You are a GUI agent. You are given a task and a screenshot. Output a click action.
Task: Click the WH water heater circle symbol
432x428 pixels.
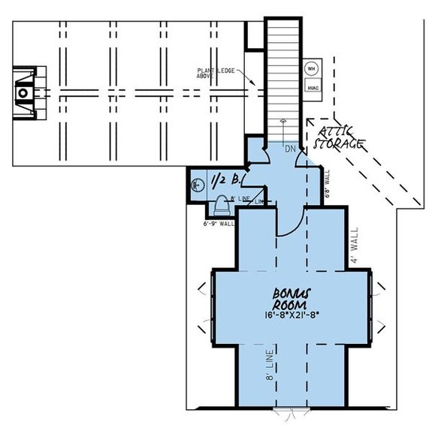(310, 68)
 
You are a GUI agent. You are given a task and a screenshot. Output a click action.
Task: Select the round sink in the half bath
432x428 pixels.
(198, 182)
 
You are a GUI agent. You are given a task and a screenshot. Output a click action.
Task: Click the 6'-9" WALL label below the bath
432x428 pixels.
(218, 224)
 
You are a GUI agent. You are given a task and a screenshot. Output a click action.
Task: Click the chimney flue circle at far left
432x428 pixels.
(23, 93)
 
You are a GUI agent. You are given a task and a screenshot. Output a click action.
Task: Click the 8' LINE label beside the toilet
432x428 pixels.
(240, 198)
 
